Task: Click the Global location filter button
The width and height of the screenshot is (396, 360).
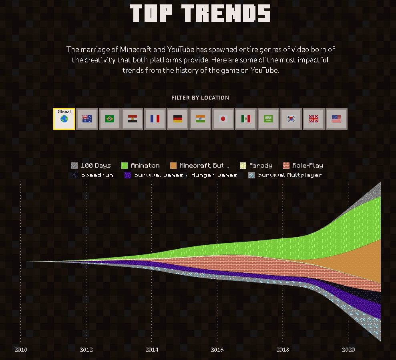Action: click(x=64, y=119)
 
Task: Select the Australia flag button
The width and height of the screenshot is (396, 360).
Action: click(x=87, y=119)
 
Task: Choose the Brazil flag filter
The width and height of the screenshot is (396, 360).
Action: click(x=110, y=119)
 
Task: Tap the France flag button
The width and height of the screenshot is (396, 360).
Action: click(x=155, y=119)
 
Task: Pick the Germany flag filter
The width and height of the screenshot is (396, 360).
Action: click(x=178, y=119)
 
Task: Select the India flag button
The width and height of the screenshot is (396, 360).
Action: click(x=200, y=119)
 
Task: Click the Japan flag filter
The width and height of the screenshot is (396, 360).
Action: click(x=223, y=119)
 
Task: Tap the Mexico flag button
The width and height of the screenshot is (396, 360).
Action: click(x=246, y=119)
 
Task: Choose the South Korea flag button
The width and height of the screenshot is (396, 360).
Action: click(x=291, y=119)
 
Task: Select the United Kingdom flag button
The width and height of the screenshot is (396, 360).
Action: click(x=314, y=119)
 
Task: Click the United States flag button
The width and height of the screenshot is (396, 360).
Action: click(x=336, y=119)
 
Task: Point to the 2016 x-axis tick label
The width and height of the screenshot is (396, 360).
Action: click(x=217, y=350)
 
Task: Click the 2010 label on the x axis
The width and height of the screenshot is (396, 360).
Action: click(x=21, y=350)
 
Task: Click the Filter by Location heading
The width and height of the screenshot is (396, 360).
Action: click(x=200, y=98)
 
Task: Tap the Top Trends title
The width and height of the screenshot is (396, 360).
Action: click(x=200, y=13)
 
